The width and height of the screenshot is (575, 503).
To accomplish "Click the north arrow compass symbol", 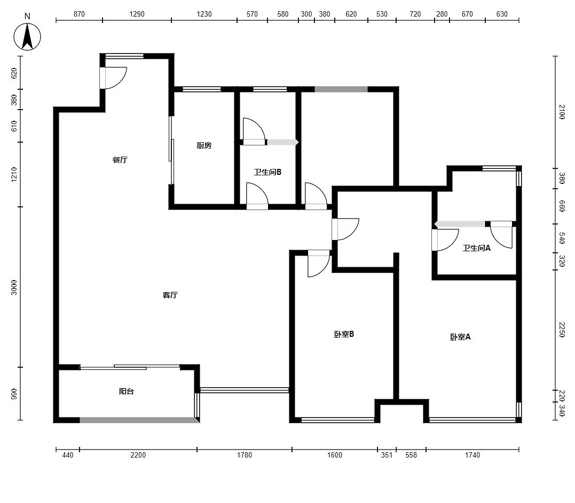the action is click(x=27, y=36).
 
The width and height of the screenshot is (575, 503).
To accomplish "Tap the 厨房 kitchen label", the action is click(x=204, y=145).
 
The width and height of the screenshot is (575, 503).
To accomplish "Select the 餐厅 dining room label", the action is click(x=120, y=160).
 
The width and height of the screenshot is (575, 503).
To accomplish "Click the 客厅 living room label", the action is click(x=170, y=295).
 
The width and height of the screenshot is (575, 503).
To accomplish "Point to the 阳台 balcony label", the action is click(x=126, y=391).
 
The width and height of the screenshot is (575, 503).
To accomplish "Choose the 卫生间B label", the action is click(x=267, y=172).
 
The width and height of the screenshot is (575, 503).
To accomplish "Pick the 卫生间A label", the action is click(x=476, y=248).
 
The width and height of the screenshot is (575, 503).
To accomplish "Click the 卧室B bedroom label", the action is click(x=344, y=334).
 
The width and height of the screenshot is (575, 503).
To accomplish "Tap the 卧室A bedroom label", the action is click(x=460, y=337).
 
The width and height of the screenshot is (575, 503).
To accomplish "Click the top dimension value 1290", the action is click(x=137, y=14).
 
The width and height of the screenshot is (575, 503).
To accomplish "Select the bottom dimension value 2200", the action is click(x=138, y=455).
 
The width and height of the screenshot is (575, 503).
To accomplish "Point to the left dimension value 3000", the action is click(x=14, y=287).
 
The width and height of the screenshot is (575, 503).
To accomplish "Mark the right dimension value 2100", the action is click(x=562, y=112).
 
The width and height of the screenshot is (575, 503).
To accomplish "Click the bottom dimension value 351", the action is click(x=387, y=455).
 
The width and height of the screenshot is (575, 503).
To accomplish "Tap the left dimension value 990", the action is click(x=14, y=393).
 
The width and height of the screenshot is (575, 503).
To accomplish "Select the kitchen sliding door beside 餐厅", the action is click(x=171, y=150).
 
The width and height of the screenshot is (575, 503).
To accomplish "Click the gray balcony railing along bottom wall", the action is click(x=139, y=420).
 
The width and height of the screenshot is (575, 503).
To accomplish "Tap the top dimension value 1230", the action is click(x=204, y=14).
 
